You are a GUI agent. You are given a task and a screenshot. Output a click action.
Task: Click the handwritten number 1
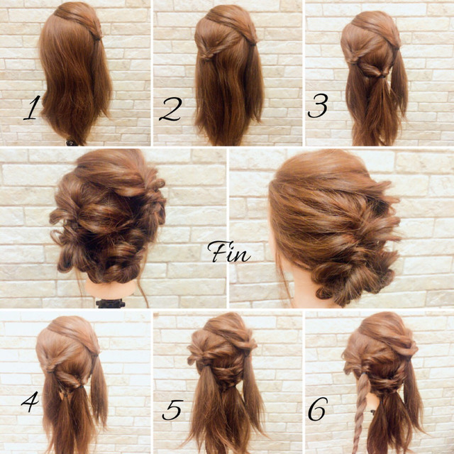pos(32,108)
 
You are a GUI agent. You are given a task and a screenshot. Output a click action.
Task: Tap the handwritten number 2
pos(171,109)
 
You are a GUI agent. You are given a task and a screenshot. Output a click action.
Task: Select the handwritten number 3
pos(318,106)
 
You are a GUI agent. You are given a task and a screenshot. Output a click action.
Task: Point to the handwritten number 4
pos(31,402)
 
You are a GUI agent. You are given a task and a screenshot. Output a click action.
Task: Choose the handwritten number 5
pos(172,410)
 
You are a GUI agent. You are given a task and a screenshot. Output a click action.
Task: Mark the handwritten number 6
pos(318,409)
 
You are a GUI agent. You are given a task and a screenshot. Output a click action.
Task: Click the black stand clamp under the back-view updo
pos(111,304)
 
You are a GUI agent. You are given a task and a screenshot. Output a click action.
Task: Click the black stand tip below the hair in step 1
pos(71,143)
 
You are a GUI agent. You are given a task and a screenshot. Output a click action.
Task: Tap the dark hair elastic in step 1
pos(98,38)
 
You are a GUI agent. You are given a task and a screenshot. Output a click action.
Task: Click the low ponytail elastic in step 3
pos(383,77)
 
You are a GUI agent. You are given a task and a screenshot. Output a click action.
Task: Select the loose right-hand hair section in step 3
pos(400,84)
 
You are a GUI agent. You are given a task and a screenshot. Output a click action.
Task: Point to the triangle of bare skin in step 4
pos(62,396)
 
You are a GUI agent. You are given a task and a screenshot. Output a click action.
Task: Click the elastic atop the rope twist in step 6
pos(363,374)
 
